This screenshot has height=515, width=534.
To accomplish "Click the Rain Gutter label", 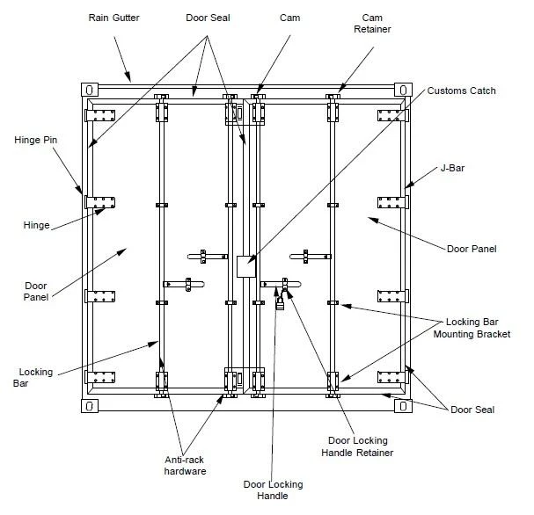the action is tap(113, 18).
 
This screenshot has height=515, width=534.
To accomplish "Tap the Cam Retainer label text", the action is tap(372, 23).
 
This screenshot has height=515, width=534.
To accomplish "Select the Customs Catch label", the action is tap(462, 91).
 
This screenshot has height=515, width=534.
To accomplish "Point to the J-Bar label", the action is tap(452, 168).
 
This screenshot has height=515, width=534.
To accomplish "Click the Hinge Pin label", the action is tap(36, 140).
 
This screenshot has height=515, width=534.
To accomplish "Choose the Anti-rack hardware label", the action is tap(185, 465).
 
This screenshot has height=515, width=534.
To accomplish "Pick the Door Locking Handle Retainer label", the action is tap(357, 446).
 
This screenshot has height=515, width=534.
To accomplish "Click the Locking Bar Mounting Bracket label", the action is tap(472, 328).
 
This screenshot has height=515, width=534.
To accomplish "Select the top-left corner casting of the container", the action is tap(90, 91).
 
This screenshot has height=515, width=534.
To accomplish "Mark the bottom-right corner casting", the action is tap(403, 406).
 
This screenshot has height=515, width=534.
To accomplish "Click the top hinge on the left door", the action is tap(100, 115).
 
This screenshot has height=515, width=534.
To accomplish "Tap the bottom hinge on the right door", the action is tap(393, 377).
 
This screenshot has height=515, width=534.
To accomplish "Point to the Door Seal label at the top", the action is tap(208, 18).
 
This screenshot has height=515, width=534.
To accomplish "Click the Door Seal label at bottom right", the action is tap(472, 410).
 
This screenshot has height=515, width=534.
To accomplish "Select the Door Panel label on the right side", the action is tap(472, 249).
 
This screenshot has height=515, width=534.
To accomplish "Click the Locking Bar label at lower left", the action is tap(33, 378).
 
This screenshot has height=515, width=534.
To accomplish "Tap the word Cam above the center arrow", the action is tap(289, 18).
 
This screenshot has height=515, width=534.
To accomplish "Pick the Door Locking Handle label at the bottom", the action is tap(273, 490).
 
